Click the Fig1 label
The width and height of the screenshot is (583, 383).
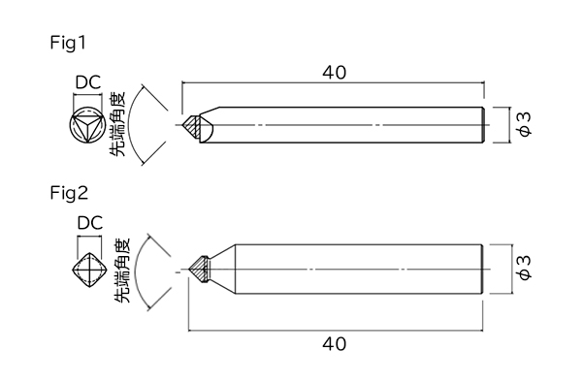coord(68,43)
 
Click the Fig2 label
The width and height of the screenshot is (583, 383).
coord(69,193)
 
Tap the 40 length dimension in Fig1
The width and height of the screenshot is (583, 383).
coord(334,73)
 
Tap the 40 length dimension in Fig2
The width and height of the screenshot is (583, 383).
coord(334,344)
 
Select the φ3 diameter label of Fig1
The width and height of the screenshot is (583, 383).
coord(524,124)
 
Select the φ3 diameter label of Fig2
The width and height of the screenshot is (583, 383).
coord(524,269)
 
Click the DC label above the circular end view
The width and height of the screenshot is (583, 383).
coord(87,82)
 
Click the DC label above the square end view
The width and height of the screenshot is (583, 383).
coord(89,223)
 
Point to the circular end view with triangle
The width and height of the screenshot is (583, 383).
coord(87,125)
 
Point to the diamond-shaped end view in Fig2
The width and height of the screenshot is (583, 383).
coord(89,270)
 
